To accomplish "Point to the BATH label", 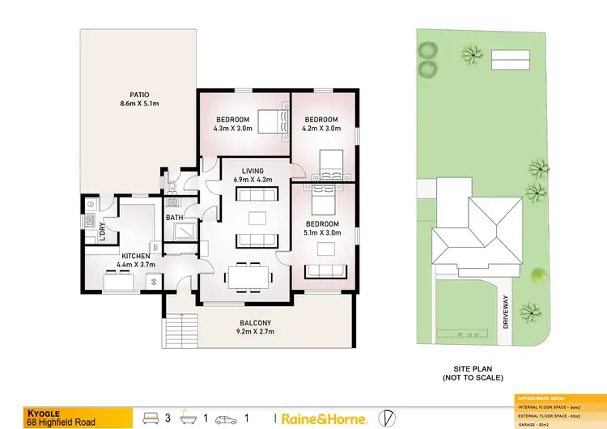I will (175, 218).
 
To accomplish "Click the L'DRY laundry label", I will (103, 231).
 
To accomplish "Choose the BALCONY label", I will (254, 323).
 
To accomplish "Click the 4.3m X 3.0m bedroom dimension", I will (233, 129).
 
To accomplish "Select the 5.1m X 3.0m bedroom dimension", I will (320, 233).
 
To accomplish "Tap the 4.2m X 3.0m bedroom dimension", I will (321, 128).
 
